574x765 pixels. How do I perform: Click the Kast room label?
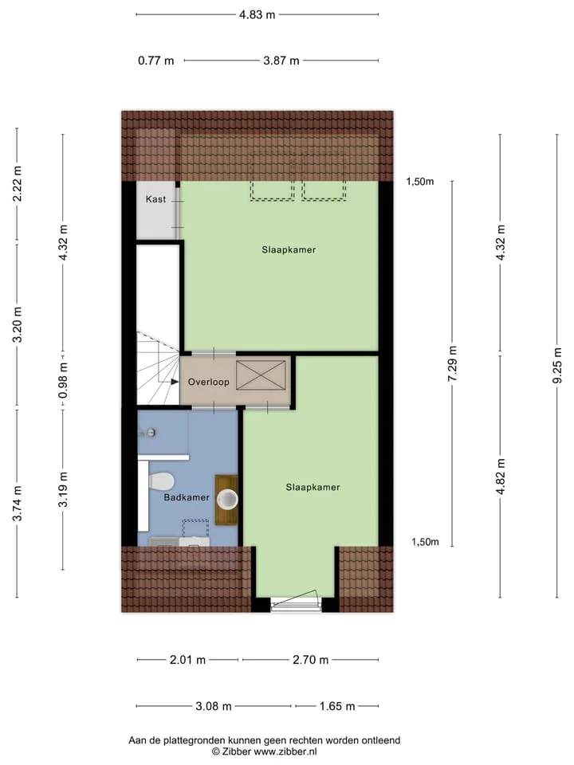(x=155, y=199)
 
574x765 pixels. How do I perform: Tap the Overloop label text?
(x=208, y=382)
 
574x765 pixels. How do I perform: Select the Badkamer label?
(x=187, y=497)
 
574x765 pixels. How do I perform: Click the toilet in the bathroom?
(x=161, y=481)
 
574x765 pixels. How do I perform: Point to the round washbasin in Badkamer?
(x=227, y=499)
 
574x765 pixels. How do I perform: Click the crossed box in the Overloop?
(x=261, y=375)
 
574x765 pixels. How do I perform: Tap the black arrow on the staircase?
(x=175, y=382)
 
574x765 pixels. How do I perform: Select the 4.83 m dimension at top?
(x=258, y=14)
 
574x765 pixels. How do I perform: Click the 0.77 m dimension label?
(x=156, y=61)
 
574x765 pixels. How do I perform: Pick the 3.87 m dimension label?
(x=281, y=61)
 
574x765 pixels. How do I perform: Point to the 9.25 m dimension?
(x=557, y=365)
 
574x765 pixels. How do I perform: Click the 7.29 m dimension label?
(x=453, y=363)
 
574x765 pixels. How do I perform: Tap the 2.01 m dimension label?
(x=188, y=660)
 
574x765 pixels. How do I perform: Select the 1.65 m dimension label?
(x=337, y=707)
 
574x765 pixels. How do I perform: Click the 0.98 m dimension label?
(x=63, y=381)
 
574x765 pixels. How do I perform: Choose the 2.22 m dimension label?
(x=18, y=183)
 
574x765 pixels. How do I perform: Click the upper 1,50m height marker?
(x=420, y=182)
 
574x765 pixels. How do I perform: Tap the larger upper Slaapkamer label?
(x=289, y=249)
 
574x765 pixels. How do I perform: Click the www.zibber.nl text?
(x=285, y=751)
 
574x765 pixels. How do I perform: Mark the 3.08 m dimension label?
(x=214, y=707)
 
